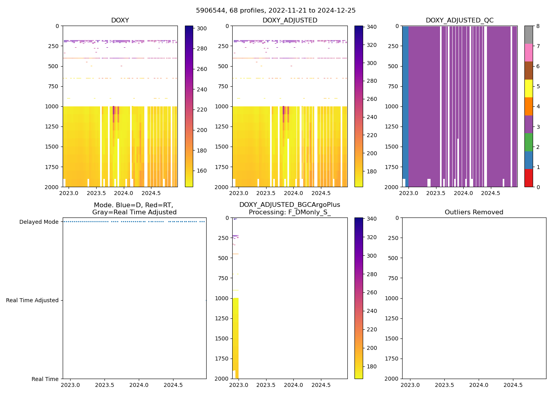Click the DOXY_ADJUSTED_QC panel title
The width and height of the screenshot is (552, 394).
(x=459, y=20)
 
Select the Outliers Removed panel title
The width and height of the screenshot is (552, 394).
(x=474, y=212)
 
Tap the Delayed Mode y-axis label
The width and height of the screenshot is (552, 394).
(x=39, y=222)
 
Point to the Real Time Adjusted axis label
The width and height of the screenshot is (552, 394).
(x=32, y=300)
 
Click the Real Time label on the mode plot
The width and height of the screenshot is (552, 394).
(x=45, y=379)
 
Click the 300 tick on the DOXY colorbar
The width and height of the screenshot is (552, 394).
(x=202, y=28)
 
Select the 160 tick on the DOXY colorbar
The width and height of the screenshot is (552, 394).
(x=202, y=171)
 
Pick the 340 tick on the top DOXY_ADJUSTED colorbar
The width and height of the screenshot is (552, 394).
(x=371, y=27)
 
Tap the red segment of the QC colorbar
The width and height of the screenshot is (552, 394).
(x=528, y=178)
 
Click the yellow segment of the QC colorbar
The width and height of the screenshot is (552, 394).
(x=528, y=88)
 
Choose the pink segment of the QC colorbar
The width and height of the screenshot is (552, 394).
(x=528, y=52)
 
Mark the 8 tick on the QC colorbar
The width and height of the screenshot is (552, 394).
(x=538, y=26)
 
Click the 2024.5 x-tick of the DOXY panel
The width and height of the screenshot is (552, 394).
(x=151, y=193)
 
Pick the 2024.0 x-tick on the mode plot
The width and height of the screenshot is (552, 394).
(x=138, y=385)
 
